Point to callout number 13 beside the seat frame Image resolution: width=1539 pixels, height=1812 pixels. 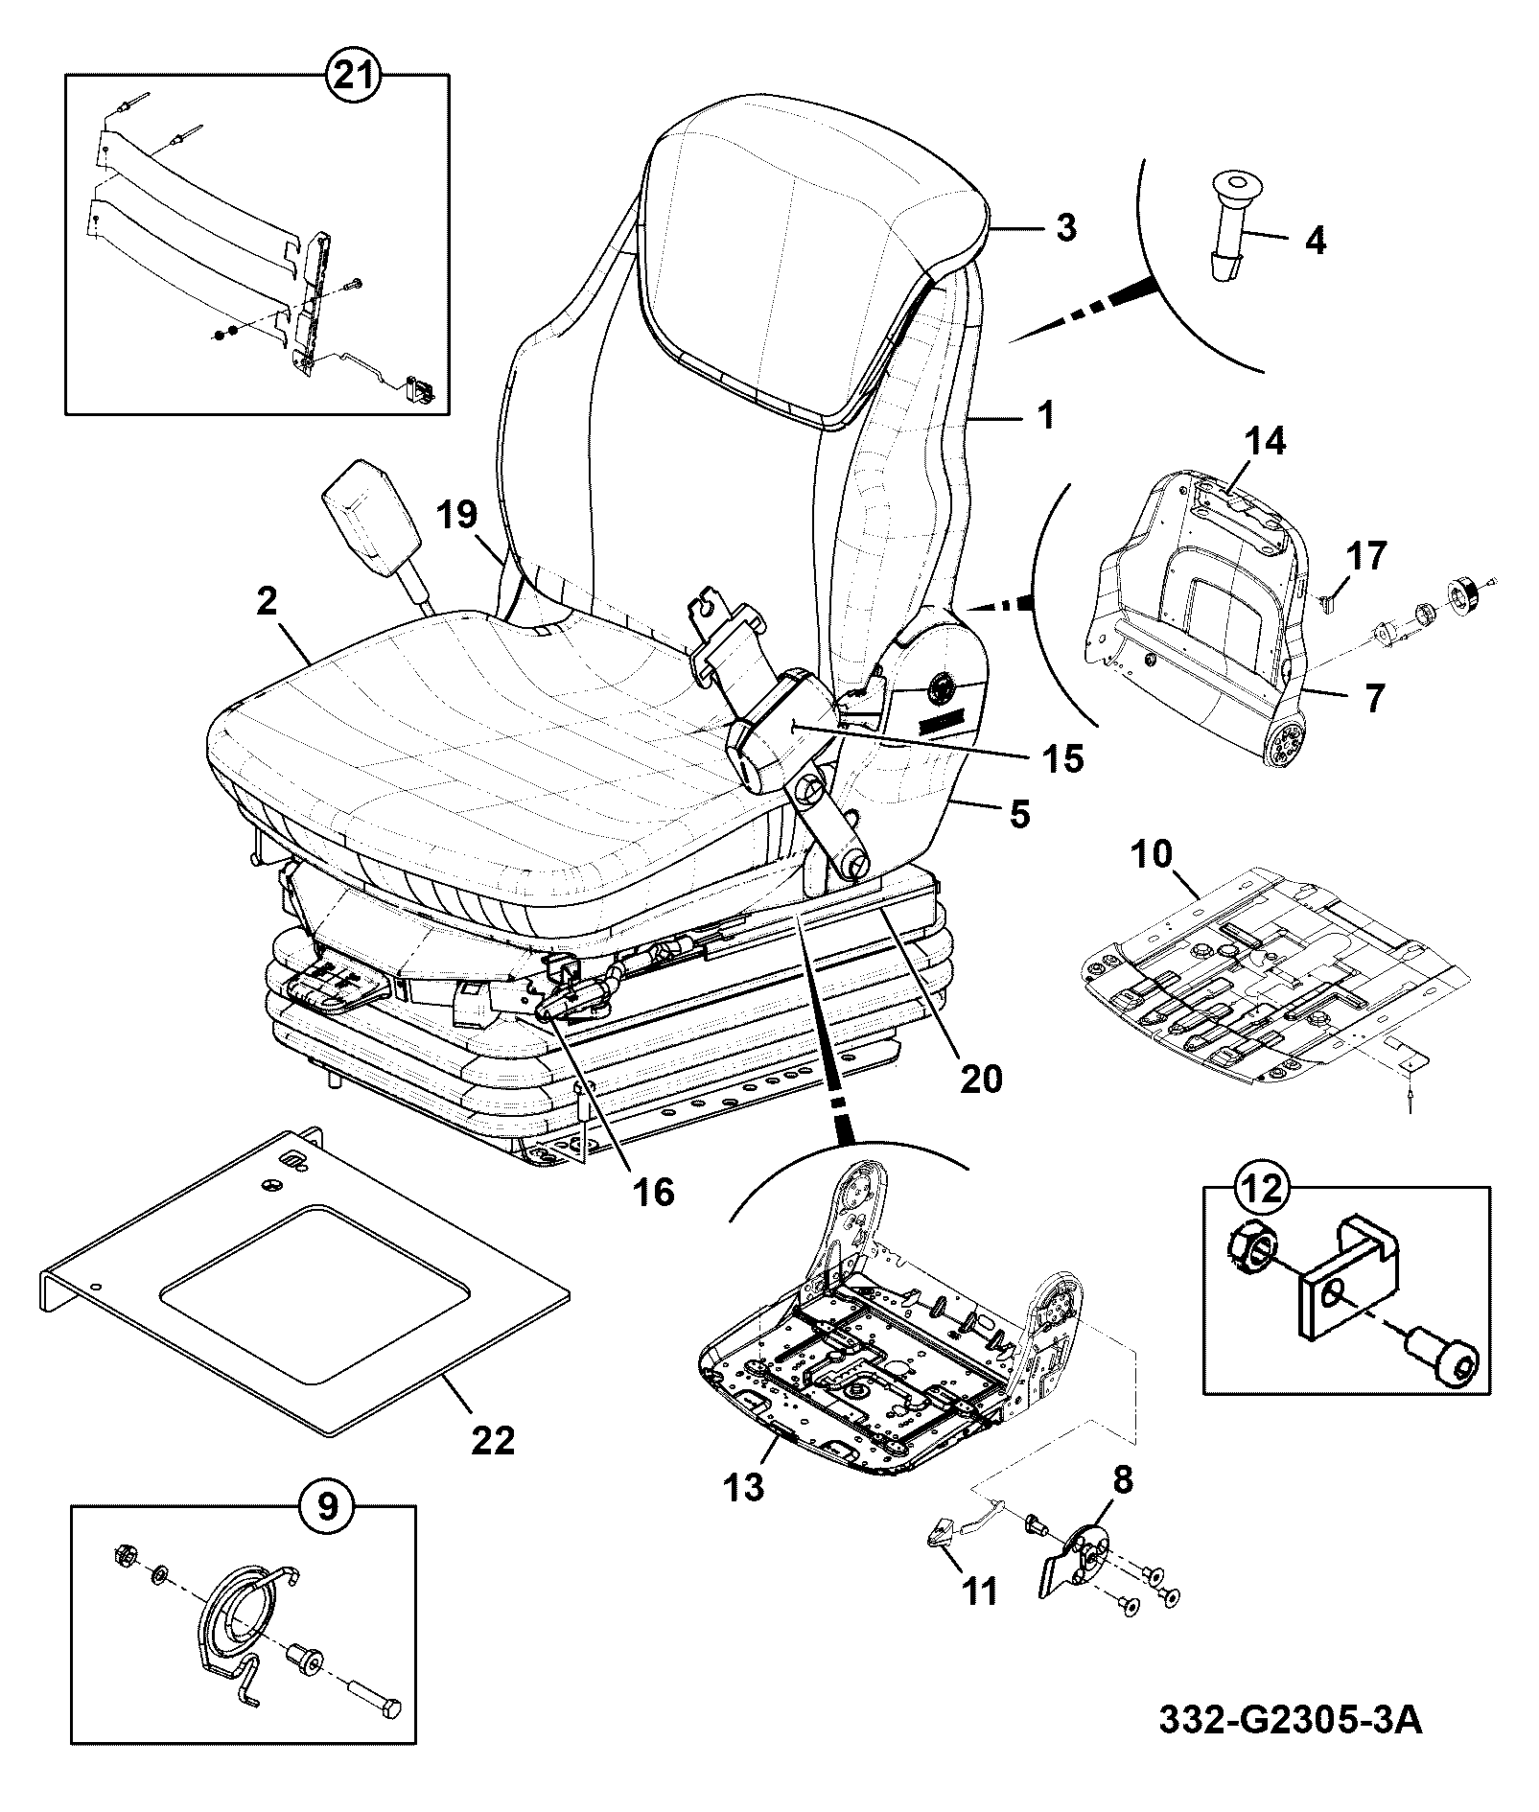tap(744, 1487)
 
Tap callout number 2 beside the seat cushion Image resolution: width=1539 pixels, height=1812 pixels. tap(266, 601)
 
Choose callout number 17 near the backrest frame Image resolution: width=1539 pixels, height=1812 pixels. tap(1365, 556)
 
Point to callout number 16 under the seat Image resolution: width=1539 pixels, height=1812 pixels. tap(652, 1191)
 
